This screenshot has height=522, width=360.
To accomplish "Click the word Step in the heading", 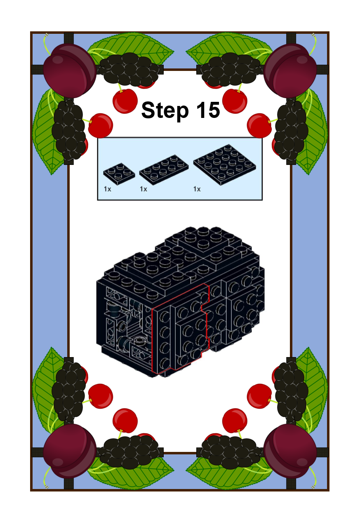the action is (165, 110).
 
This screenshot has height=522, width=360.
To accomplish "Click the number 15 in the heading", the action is (208, 110).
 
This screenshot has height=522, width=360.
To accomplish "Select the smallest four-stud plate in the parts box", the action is (119, 174).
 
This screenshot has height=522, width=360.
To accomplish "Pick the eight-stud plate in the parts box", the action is (164, 169).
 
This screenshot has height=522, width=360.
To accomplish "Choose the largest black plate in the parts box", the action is (225, 165).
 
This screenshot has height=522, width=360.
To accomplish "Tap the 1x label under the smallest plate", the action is (107, 189).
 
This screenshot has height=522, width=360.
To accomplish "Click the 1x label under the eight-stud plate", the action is (144, 189).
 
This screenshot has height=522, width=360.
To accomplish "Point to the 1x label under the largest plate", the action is (197, 189).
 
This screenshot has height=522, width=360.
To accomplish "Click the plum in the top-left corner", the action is (69, 71).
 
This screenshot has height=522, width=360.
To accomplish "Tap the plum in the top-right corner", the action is (290, 71).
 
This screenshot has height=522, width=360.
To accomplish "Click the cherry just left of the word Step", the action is (125, 101).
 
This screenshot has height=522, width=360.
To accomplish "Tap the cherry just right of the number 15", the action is (235, 101).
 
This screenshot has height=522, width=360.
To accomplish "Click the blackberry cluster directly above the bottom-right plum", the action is (291, 393).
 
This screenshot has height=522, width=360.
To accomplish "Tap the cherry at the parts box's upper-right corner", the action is (259, 126).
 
